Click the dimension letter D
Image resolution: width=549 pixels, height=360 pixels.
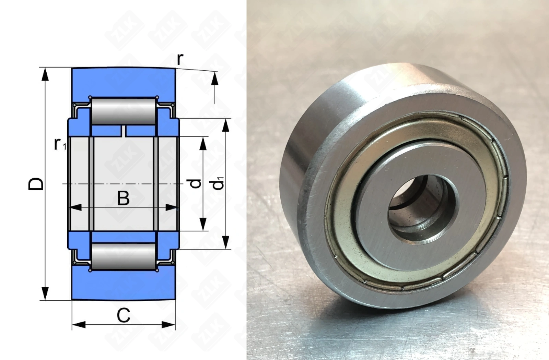tap(36, 184)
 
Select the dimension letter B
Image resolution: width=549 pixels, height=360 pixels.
tap(123, 198)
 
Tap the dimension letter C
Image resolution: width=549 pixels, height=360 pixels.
tap(123, 315)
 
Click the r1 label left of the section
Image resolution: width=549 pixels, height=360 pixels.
tap(60, 144)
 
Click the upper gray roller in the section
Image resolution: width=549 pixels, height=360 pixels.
tap(124, 111)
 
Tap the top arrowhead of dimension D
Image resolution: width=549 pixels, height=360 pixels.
tap(45, 74)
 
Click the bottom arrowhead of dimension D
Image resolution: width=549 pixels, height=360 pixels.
tap(45, 293)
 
